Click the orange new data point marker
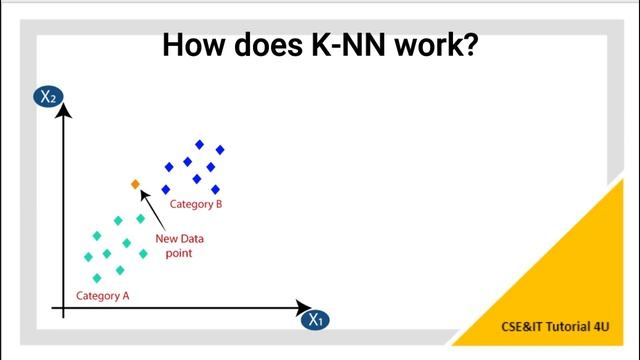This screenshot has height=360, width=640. [x=135, y=184]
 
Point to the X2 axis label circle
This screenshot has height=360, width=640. [x=47, y=97]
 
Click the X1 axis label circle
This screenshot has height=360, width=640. [x=315, y=320]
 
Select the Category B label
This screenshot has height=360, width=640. [x=195, y=204]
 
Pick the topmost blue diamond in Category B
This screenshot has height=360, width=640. [x=200, y=144]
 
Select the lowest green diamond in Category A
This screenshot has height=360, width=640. [x=97, y=278]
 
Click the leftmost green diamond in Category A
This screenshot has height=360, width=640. [x=88, y=257]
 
